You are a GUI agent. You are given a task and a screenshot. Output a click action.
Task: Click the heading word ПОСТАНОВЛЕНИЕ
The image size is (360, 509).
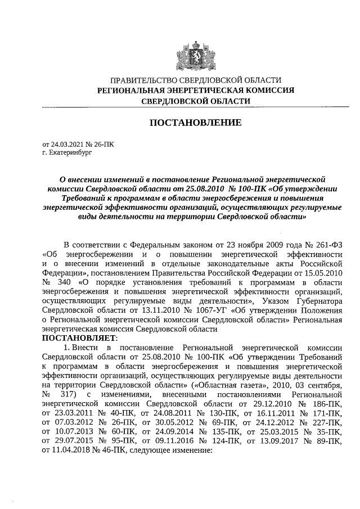[x=195, y=123]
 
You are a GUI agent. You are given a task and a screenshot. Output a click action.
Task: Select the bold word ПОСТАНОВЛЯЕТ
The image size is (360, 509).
[x=78, y=338]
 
